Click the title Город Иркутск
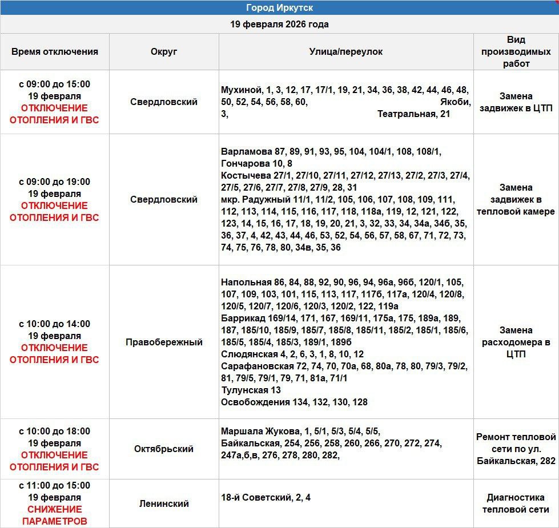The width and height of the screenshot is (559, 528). click(279, 8)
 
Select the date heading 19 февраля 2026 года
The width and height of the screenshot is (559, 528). click(279, 25)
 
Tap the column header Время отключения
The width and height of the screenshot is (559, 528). click(55, 51)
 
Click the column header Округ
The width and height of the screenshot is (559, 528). click(164, 51)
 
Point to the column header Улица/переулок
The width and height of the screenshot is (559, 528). click(346, 51)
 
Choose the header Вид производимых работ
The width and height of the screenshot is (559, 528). click(516, 51)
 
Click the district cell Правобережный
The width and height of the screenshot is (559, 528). click(164, 342)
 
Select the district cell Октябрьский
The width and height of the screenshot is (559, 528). click(164, 449)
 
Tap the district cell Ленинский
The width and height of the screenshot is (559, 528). click(164, 503)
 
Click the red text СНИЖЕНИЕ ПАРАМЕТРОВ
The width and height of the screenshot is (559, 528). click(55, 515)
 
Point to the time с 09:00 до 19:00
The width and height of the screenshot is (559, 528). click(55, 182)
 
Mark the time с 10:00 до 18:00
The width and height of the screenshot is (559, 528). click(55, 431)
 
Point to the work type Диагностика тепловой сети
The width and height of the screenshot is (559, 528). click(516, 503)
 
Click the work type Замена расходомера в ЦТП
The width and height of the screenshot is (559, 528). click(516, 342)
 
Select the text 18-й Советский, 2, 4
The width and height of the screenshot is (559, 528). click(266, 497)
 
